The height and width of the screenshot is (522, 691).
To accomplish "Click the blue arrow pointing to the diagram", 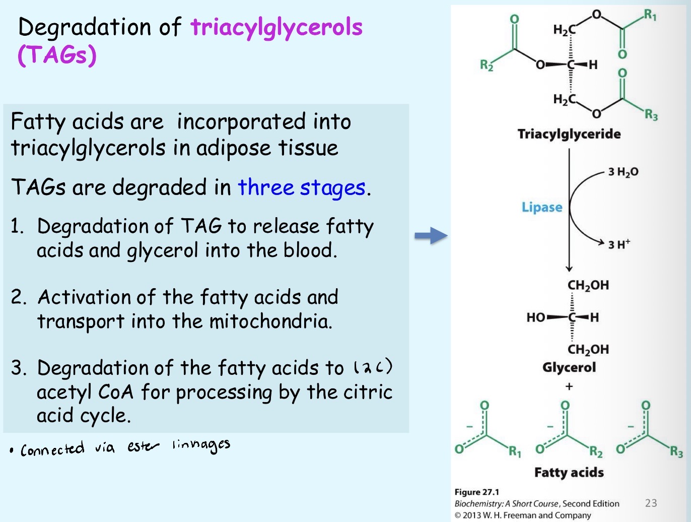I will pos(431,235).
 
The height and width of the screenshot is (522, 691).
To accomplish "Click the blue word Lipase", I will pos(541,207).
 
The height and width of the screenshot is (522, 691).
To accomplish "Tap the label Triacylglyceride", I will pos(569,134).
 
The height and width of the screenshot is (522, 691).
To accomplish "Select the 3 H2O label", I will pos(623,172).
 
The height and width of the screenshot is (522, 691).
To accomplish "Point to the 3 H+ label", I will pos(618,244).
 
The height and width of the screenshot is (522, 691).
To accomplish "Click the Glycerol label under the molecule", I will pos(569,367).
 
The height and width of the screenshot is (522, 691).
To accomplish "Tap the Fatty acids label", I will pos(569,472).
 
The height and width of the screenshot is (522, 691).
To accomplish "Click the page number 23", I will pos(651,503).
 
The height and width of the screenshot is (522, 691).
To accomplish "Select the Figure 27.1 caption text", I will pos(476,492).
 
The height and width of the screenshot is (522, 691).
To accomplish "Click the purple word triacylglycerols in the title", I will pos(276,27).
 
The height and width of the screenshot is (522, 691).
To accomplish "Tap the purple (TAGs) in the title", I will pos(56,55).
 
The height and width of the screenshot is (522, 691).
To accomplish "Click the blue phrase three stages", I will pos(301,187).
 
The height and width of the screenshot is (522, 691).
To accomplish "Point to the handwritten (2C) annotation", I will pos(373,367).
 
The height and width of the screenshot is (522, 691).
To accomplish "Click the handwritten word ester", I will pos(143,446).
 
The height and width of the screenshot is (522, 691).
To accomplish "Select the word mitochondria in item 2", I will pos(270,321).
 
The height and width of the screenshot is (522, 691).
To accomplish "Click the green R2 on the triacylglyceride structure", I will pos(486,65).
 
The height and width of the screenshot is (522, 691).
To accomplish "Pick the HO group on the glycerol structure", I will pos(535,317).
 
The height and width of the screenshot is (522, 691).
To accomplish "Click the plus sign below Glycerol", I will pos(569,386).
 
